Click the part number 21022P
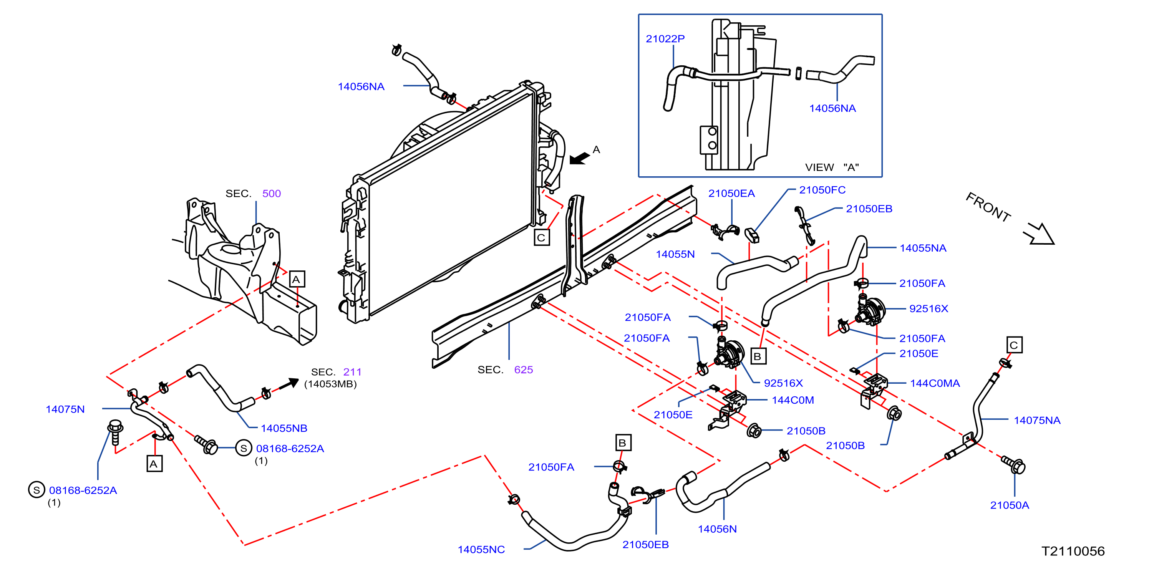(665, 39)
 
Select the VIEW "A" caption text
(832, 167)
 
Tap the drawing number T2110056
(1073, 551)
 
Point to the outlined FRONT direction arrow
(1040, 234)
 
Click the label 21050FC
(822, 190)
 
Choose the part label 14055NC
(481, 550)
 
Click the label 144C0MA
(935, 383)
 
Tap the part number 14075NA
(1037, 420)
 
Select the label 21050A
(1010, 505)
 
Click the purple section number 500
(271, 194)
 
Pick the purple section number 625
(523, 370)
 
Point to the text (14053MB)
(330, 384)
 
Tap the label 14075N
(65, 409)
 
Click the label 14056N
(717, 529)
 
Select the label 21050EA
(731, 194)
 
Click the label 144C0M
(793, 400)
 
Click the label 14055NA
(923, 248)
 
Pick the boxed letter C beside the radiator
(542, 237)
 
